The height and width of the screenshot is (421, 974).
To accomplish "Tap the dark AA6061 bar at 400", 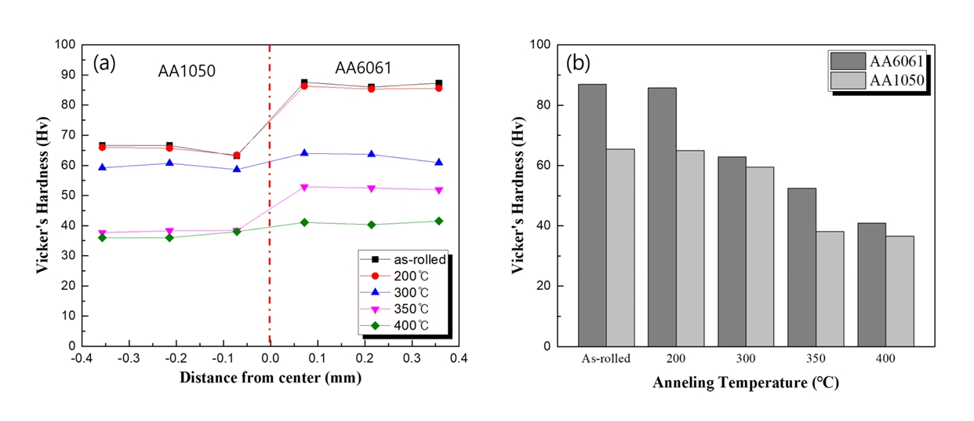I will pyautogui.click(x=872, y=284).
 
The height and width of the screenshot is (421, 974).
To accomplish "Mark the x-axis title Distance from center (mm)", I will pyautogui.click(x=271, y=378).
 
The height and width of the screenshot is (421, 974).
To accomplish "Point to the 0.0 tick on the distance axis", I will pyautogui.click(x=271, y=358).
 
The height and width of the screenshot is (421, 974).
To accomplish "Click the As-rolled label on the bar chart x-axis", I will pyautogui.click(x=606, y=358).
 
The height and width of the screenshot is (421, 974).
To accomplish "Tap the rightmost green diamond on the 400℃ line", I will pyautogui.click(x=438, y=221).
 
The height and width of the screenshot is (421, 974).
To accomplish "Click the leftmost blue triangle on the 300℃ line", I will pyautogui.click(x=103, y=167).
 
